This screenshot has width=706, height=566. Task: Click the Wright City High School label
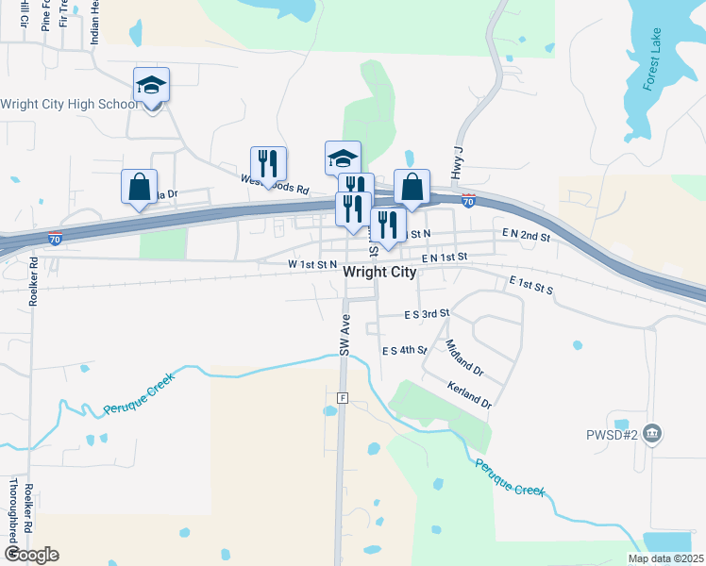[68, 104]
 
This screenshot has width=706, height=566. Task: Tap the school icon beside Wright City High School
[151, 86]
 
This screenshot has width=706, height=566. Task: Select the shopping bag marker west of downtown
[140, 187]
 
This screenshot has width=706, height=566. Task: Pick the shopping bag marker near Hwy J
[412, 187]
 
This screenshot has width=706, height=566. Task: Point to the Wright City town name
[380, 272]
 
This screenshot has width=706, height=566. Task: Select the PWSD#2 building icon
[653, 435]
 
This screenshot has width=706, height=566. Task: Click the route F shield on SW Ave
[343, 398]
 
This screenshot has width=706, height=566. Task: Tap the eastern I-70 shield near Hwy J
[468, 200]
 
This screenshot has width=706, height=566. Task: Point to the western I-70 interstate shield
[56, 239]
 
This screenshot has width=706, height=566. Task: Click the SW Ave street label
[345, 334]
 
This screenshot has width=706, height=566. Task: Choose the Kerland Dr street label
[469, 395]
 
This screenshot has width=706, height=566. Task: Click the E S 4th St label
[405, 350]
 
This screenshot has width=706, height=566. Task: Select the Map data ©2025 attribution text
[664, 558]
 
